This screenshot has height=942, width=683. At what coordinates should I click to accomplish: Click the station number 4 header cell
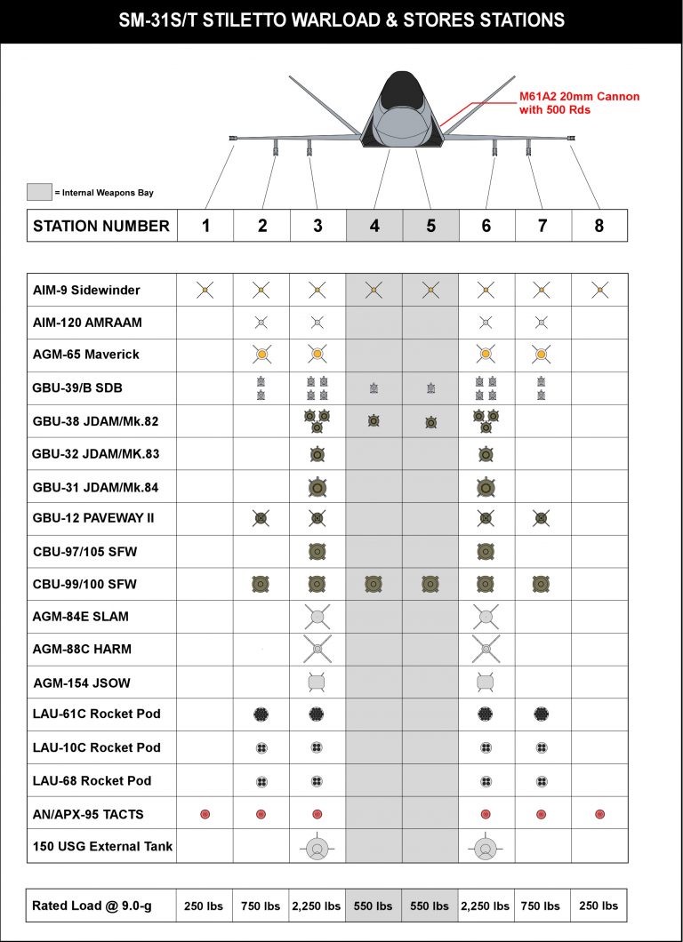coord(374,226)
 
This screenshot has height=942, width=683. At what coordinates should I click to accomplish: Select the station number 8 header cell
coord(599,226)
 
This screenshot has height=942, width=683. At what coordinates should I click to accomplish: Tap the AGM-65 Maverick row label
coord(85,355)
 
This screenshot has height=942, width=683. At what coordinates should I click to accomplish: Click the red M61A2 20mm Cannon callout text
coord(579,102)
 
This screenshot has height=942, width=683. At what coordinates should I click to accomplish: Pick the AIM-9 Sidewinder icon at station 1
coord(205,290)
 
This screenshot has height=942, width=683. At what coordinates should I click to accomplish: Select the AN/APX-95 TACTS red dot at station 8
coord(599,814)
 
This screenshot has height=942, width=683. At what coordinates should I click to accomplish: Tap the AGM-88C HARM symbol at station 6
coord(486,650)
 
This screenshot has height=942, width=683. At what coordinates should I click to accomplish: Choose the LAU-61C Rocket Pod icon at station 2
coord(261,714)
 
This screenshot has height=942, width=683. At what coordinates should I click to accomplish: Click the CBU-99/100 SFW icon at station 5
coord(430,584)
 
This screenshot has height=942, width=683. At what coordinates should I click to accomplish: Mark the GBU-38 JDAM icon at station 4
coord(374,420)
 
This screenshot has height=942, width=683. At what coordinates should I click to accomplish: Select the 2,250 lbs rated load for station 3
coord(317,906)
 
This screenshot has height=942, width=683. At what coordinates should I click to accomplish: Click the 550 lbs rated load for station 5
coord(430,906)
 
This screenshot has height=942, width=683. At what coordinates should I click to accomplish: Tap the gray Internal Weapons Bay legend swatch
coord(39,191)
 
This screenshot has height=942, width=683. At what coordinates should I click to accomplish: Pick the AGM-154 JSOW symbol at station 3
coord(317,682)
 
